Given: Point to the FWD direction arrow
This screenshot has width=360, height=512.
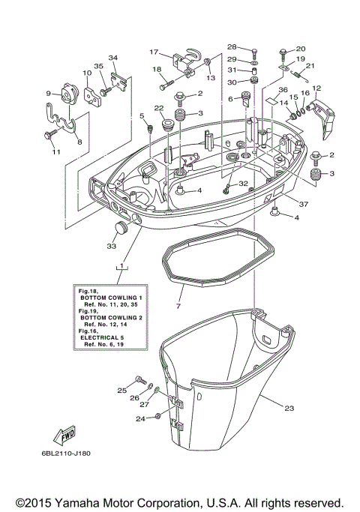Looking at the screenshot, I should [x=62, y=435].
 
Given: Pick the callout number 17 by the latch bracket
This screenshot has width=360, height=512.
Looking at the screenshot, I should [x=154, y=52].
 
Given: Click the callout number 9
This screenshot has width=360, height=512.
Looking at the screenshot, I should [x=49, y=94].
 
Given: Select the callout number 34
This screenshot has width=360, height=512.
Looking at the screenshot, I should [x=113, y=58].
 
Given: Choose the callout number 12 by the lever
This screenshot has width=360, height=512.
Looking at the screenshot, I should [x=316, y=88].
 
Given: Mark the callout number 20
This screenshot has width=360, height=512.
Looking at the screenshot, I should [x=301, y=49].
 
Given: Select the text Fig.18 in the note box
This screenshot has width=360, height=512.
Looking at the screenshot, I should [x=85, y=289].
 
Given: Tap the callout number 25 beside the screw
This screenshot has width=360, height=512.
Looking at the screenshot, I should [x=122, y=391].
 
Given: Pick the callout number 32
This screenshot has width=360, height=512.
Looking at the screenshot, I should [x=242, y=183].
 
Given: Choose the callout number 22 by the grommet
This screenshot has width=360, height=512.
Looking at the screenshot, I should [x=159, y=109].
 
